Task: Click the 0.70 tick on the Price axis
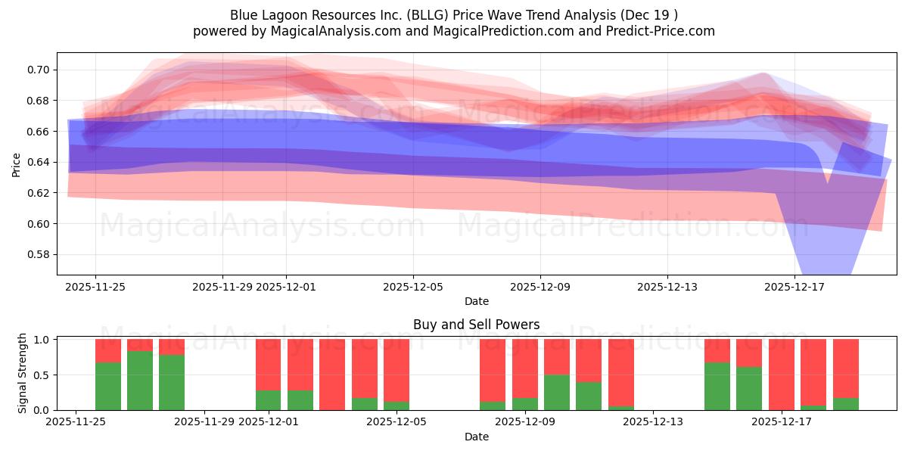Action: pyautogui.click(x=38, y=70)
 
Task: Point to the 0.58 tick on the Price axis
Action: pyautogui.click(x=38, y=254)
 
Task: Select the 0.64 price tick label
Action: pyautogui.click(x=38, y=162)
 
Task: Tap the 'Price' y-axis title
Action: pyautogui.click(x=16, y=164)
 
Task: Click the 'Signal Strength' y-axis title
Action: pyautogui.click(x=23, y=372)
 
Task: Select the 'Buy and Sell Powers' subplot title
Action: pyautogui.click(x=476, y=325)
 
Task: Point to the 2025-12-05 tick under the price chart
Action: pyautogui.click(x=413, y=288)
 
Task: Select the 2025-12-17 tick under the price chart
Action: pyautogui.click(x=794, y=288)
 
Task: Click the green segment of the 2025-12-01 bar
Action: pyautogui.click(x=269, y=400)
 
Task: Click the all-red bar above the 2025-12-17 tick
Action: pyautogui.click(x=782, y=374)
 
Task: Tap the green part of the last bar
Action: pyautogui.click(x=845, y=403)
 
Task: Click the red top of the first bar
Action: pyautogui.click(x=108, y=350)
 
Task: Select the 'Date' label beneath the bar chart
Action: pyautogui.click(x=476, y=437)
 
